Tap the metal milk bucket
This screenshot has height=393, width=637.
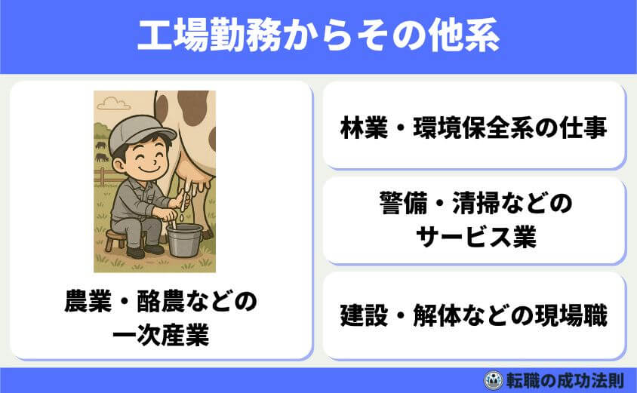click(185, 239)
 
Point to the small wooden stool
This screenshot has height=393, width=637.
click(115, 239)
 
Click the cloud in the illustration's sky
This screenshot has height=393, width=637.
click(113, 103)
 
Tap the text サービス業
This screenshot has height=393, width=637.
click(475, 235)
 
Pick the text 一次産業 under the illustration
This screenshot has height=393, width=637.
click(160, 335)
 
